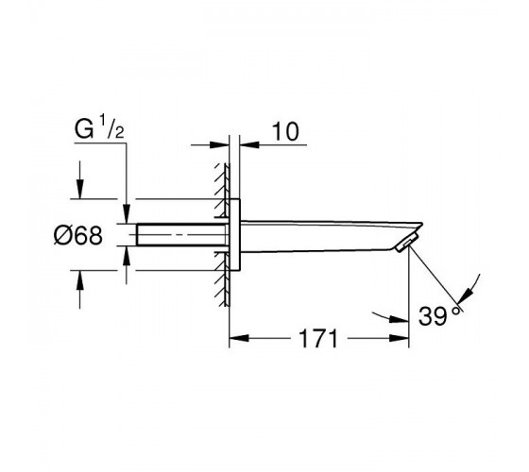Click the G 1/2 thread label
point(99,129)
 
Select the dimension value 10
point(285,131)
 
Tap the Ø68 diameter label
point(78,235)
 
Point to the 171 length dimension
point(318,338)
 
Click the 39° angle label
point(439,315)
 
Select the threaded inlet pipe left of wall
point(181,235)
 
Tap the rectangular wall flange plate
point(235,235)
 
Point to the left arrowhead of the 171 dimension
point(238,338)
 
